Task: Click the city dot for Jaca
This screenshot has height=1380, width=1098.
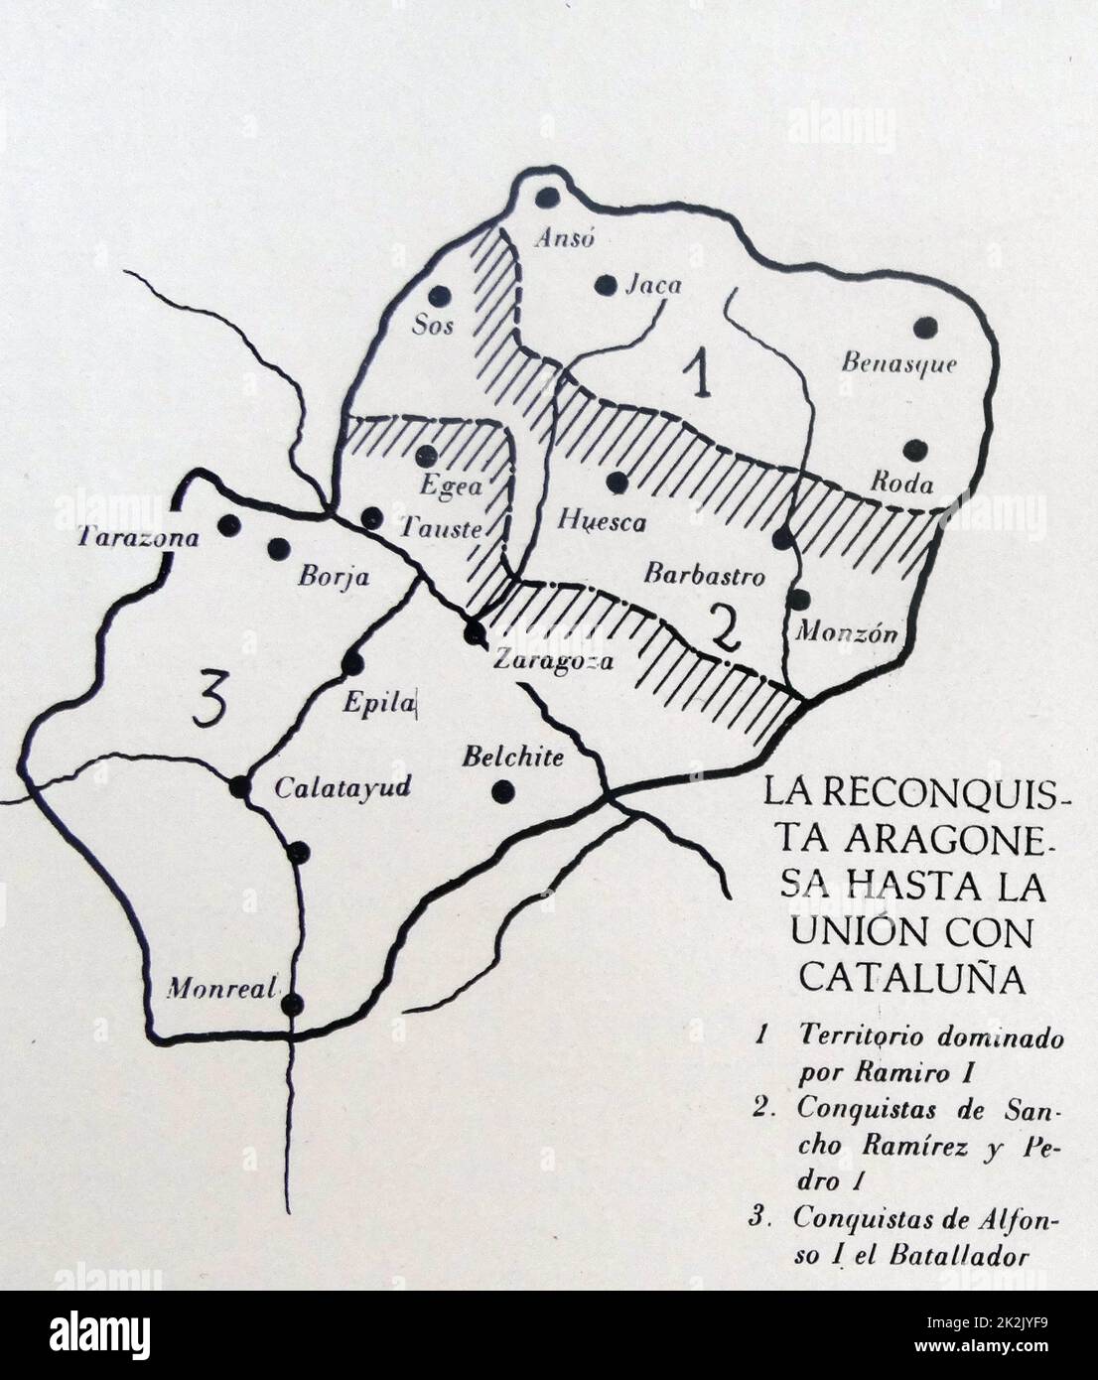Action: tap(605, 285)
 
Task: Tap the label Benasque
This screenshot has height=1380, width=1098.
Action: tap(898, 363)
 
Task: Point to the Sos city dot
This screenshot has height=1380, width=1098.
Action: tap(440, 296)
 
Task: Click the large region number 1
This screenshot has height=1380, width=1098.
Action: tap(701, 376)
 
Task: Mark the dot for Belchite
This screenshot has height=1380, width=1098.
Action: tap(503, 790)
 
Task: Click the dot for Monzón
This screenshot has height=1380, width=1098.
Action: tap(799, 600)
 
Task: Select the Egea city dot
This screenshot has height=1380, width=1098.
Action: tap(427, 455)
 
